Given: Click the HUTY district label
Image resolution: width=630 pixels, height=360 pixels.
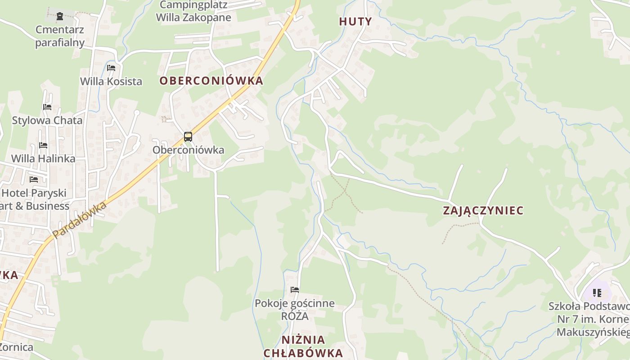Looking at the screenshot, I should click(355, 22).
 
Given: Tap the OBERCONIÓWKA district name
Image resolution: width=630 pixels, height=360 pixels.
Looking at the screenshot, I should click(211, 81).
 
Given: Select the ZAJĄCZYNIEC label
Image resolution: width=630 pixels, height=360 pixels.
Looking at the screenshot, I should click(483, 211).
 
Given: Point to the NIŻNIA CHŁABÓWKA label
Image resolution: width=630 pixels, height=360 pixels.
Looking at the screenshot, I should click(303, 346).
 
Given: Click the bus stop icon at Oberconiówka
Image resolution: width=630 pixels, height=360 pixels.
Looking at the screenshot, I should click(188, 137).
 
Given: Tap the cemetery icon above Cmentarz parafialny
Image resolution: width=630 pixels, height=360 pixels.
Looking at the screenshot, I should click(60, 17).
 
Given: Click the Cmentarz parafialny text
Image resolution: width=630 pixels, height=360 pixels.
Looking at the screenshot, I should click(60, 36).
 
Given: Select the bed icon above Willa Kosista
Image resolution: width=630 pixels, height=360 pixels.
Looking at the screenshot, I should click(111, 68).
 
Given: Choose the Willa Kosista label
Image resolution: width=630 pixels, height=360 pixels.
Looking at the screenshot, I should click(111, 81).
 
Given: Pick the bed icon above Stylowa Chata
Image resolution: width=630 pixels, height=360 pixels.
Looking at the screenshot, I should click(47, 107).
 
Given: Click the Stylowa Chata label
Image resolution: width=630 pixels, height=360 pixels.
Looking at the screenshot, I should click(47, 121).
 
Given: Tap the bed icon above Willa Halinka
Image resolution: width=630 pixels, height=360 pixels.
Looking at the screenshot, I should click(43, 145).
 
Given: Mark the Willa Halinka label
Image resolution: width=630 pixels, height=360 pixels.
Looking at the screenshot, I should click(43, 159).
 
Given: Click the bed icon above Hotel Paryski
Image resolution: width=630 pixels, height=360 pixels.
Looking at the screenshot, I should click(34, 180).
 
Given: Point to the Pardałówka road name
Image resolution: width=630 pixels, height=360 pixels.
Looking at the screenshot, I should click(79, 220).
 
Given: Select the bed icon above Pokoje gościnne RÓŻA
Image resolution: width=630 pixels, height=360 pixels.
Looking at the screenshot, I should click(295, 290).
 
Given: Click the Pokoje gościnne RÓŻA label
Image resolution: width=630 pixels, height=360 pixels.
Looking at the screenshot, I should click(295, 310).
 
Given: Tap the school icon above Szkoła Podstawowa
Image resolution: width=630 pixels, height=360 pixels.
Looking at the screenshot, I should click(597, 293).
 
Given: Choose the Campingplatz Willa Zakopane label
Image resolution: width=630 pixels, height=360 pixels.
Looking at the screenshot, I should click(193, 12).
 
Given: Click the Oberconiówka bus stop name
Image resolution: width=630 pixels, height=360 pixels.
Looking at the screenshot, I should click(188, 150).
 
